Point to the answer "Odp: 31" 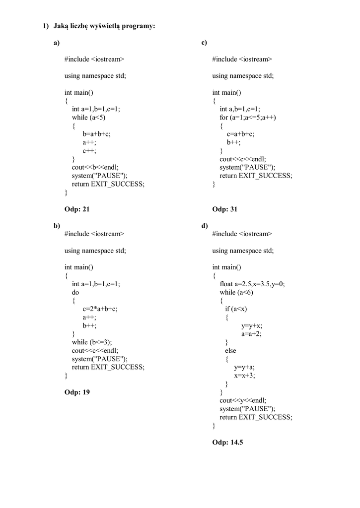pyautogui.click(x=225, y=209)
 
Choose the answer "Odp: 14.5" pyautogui.click(x=227, y=442)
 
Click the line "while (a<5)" pyautogui.click(x=89, y=118)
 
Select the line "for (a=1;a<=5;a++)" pyautogui.click(x=248, y=118)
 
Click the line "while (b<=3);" pyautogui.click(x=92, y=342)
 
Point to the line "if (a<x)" pyautogui.click(x=236, y=309)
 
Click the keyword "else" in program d pyautogui.click(x=230, y=351)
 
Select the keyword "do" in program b pyautogui.click(x=75, y=292)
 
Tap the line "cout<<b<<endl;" pyautogui.click(x=95, y=167)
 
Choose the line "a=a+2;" pyautogui.click(x=251, y=334)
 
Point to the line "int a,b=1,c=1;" pyautogui.click(x=239, y=109)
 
